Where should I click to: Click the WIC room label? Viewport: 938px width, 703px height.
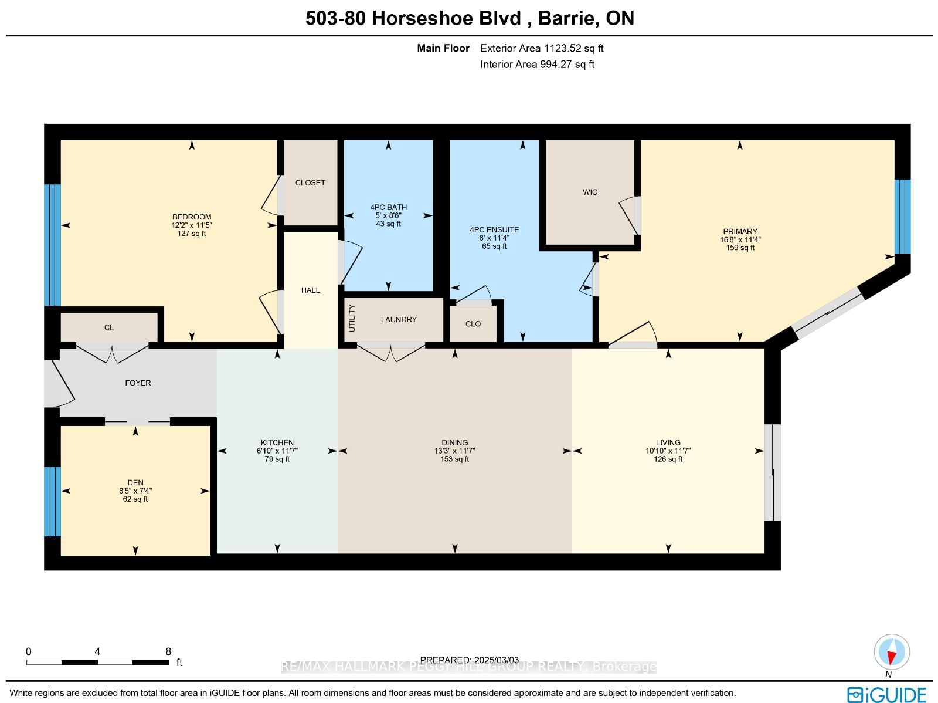[x=590, y=192]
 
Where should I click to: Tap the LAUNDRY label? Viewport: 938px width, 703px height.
[x=399, y=319]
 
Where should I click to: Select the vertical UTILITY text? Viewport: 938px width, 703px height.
[x=352, y=318]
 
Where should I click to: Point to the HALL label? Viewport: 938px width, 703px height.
[x=310, y=290]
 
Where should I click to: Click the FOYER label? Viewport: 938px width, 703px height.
[x=138, y=383]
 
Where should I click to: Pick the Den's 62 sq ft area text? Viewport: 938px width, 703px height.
[x=135, y=499]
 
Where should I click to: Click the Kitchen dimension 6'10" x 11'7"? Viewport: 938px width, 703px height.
[x=277, y=451]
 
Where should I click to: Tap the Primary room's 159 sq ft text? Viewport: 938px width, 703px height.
[x=740, y=248]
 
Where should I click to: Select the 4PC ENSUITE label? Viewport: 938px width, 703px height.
[x=494, y=229]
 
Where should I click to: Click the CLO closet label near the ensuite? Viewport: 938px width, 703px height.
[x=473, y=324]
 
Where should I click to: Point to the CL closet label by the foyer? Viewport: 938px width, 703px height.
[x=109, y=327]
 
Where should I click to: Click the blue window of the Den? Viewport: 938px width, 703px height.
[x=53, y=501]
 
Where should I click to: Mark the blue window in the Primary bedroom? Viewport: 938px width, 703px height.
[x=902, y=217]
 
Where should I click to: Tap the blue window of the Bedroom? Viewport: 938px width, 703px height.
[x=53, y=245]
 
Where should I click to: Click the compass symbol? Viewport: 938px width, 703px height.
[x=892, y=652]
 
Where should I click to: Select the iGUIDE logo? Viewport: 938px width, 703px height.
[x=886, y=694]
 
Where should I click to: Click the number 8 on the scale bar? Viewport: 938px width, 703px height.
[x=168, y=651]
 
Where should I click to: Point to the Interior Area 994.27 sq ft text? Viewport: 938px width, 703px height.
[x=538, y=65]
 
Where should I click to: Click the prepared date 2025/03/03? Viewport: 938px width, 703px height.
[x=496, y=660]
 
